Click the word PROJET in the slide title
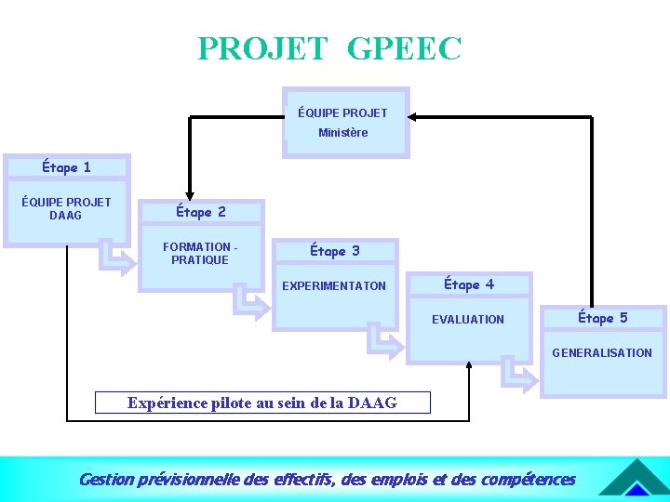click(262, 48)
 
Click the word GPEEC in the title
click(404, 48)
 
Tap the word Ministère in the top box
click(342, 133)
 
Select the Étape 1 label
click(66, 167)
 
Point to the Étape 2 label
click(201, 212)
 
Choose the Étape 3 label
click(334, 251)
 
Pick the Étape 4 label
click(469, 284)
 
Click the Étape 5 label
click(603, 318)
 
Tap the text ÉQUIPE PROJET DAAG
click(66, 208)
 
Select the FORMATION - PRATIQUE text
click(200, 253)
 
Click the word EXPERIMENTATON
click(334, 286)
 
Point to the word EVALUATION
click(468, 320)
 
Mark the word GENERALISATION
click(602, 353)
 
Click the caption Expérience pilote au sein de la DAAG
click(262, 403)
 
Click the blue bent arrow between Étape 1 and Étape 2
click(118, 259)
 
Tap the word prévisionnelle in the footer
click(187, 480)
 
